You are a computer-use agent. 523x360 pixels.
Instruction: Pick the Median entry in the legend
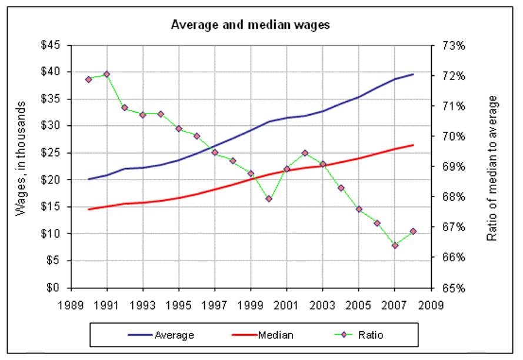tap(276, 335)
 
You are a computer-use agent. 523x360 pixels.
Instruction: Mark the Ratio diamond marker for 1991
tap(106, 74)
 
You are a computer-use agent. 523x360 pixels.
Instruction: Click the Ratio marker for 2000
tap(269, 199)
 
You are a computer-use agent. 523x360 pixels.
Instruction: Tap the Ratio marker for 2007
tap(395, 245)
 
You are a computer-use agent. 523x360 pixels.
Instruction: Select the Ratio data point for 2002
tap(305, 153)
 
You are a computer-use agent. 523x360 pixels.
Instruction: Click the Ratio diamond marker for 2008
tap(413, 231)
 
